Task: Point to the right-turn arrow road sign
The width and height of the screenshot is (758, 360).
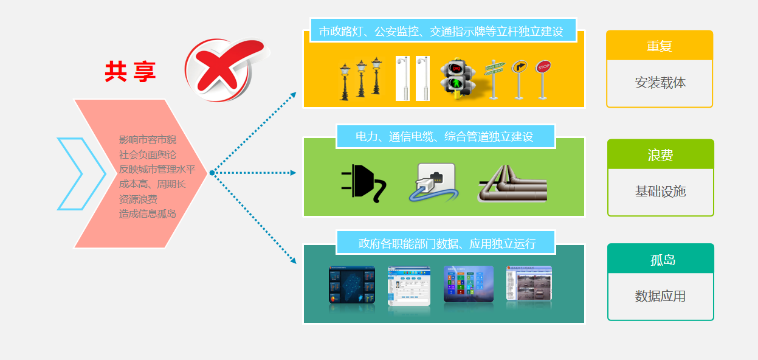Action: click(x=518, y=78)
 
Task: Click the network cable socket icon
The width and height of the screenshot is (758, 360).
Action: click(x=433, y=182)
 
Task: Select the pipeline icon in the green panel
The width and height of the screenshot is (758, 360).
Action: click(x=512, y=184)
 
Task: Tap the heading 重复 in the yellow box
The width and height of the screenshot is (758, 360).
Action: click(x=659, y=46)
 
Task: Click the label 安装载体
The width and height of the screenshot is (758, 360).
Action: click(x=660, y=83)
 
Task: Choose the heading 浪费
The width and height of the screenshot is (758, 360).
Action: click(x=660, y=155)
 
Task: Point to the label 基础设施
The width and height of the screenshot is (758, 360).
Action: click(x=660, y=192)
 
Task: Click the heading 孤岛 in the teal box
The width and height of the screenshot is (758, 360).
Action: click(x=660, y=260)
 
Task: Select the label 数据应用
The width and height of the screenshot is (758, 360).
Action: click(x=660, y=297)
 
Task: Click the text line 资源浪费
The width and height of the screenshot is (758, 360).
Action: click(x=138, y=199)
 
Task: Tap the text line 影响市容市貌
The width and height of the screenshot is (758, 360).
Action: click(x=147, y=140)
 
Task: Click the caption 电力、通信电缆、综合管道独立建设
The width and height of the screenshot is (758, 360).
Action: click(x=445, y=137)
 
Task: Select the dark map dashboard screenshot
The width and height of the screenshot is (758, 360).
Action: click(x=351, y=285)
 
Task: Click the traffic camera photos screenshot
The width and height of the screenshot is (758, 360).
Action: click(x=529, y=283)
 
